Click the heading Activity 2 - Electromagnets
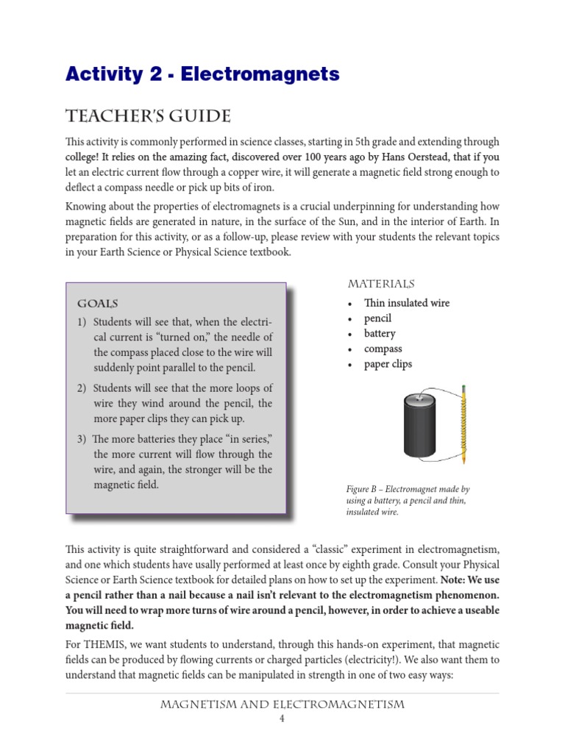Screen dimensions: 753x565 click(202, 74)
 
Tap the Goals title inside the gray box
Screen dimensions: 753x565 click(98, 304)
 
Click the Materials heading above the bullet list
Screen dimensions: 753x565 click(381, 284)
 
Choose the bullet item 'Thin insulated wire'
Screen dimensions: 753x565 click(406, 303)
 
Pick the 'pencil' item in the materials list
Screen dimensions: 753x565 click(377, 318)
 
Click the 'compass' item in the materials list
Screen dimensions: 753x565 click(383, 349)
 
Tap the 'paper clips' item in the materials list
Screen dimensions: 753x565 click(388, 364)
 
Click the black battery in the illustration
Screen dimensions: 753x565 click(420, 426)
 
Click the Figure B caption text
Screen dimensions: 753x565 click(407, 500)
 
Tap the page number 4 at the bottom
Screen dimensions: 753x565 click(282, 719)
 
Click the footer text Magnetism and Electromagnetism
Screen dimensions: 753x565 click(282, 704)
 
